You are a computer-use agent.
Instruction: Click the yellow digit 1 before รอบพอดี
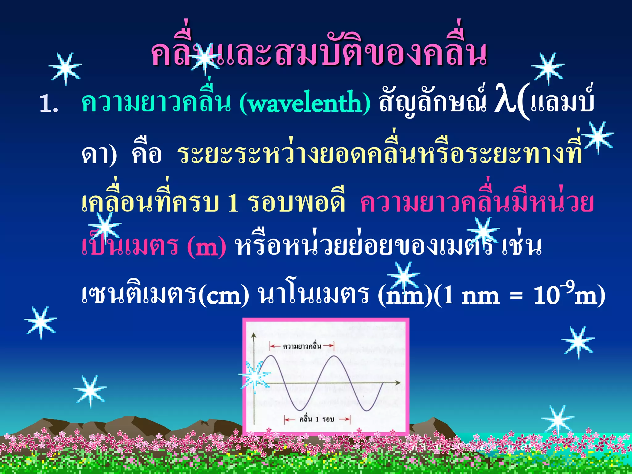(x=233, y=204)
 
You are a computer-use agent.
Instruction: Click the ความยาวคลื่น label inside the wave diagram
(x=302, y=346)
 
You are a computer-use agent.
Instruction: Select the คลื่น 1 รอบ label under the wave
(x=317, y=419)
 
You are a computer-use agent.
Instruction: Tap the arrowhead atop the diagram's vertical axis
(x=254, y=335)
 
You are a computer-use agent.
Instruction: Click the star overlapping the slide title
(x=204, y=59)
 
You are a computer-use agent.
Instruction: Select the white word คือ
(x=147, y=154)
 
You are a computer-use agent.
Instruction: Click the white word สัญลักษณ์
(x=432, y=102)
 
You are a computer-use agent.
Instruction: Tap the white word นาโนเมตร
(x=313, y=295)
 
